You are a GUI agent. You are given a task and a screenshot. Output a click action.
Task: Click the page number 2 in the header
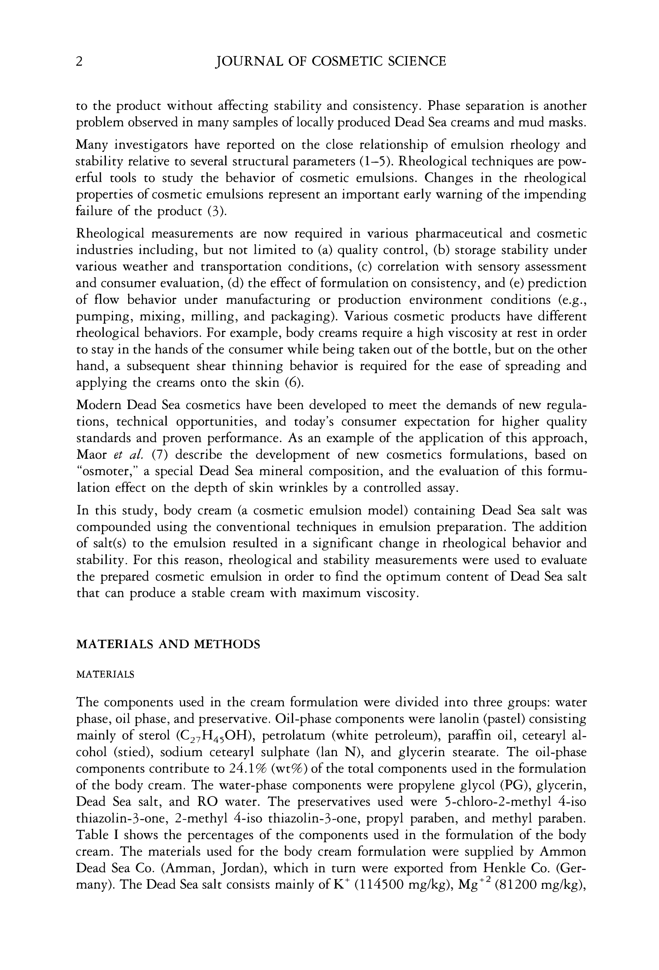point(79,62)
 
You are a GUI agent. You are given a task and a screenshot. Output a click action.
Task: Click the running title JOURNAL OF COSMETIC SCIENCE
point(330,62)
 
